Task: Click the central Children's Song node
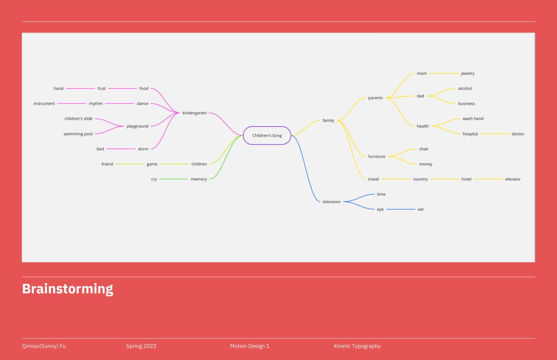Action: (267, 135)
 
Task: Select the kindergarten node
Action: (194, 113)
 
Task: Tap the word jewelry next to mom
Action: (467, 74)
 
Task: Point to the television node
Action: (331, 202)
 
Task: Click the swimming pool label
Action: (78, 134)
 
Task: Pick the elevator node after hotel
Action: (513, 179)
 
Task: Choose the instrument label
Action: (44, 103)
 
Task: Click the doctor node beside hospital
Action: (518, 134)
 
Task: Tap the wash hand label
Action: (473, 119)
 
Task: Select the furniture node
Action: (376, 156)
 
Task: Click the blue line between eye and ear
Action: (401, 209)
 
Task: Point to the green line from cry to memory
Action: (174, 179)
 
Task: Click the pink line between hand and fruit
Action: (80, 89)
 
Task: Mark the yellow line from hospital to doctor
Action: (495, 134)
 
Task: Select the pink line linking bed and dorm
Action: (121, 149)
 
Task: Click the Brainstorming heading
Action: (68, 289)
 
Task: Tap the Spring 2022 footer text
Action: (141, 346)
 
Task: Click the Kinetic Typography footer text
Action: (357, 346)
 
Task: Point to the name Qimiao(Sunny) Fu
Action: (44, 346)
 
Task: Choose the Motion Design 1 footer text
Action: (249, 346)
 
